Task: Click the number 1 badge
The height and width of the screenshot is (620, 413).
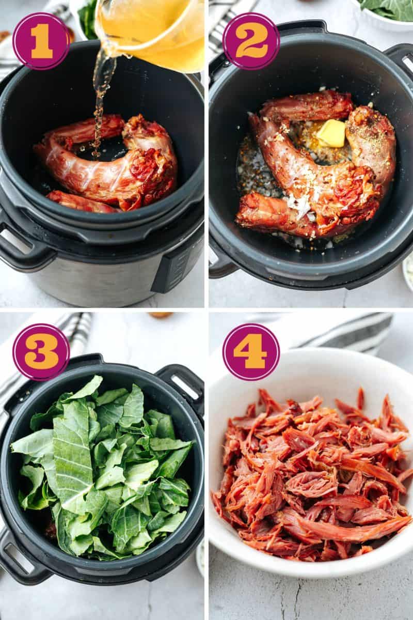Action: [41, 41]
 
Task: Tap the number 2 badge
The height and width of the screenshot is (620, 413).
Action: [251, 41]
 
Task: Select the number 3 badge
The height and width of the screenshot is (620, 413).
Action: [41, 352]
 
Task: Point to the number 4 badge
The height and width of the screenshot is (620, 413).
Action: [251, 352]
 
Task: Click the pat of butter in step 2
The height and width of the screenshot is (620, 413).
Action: [331, 133]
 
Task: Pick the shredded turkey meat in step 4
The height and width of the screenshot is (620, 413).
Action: [310, 475]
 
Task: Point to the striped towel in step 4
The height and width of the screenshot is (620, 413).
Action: [351, 331]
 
